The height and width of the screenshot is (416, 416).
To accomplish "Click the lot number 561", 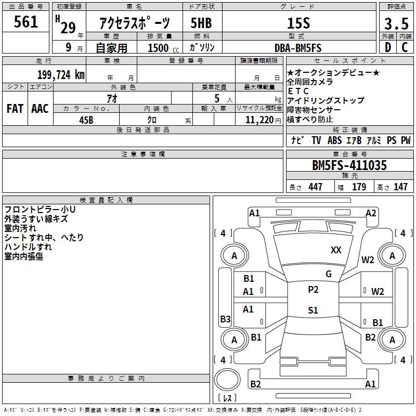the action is pyautogui.click(x=25, y=22).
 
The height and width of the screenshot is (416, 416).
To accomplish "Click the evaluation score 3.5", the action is pyautogui.click(x=396, y=24).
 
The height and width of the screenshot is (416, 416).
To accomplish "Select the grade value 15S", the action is pyautogui.click(x=298, y=23).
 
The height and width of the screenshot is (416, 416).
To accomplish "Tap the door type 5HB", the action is pyautogui.click(x=201, y=23).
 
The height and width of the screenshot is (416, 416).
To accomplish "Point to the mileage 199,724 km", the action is pyautogui.click(x=61, y=75).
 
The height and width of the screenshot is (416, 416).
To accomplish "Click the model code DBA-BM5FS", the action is pyautogui.click(x=298, y=48).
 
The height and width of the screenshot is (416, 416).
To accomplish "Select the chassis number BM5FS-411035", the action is pyautogui.click(x=349, y=165).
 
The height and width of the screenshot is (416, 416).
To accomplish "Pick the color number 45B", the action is pyautogui.click(x=86, y=120).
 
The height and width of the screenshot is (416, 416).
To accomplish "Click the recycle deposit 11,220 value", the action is pyautogui.click(x=259, y=120).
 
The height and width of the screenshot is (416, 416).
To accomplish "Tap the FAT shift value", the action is pyautogui.click(x=15, y=109).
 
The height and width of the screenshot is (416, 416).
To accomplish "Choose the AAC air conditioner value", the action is pyautogui.click(x=40, y=109).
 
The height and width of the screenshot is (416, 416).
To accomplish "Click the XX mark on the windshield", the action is pyautogui.click(x=336, y=250).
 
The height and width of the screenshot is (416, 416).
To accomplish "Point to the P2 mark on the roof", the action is pyautogui.click(x=313, y=289).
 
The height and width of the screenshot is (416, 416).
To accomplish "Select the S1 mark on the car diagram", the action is pyautogui.click(x=313, y=310).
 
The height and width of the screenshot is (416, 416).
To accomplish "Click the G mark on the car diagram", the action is pyautogui.click(x=329, y=274).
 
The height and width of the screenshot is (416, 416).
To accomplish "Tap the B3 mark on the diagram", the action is pyautogui.click(x=226, y=319).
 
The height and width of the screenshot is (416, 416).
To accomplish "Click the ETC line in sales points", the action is pyautogui.click(x=298, y=92).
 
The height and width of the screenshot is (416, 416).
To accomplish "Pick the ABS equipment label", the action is pyautogui.click(x=334, y=140).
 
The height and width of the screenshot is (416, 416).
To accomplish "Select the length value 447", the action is pyautogui.click(x=316, y=187).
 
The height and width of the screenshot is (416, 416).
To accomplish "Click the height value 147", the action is pyautogui.click(x=400, y=187).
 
